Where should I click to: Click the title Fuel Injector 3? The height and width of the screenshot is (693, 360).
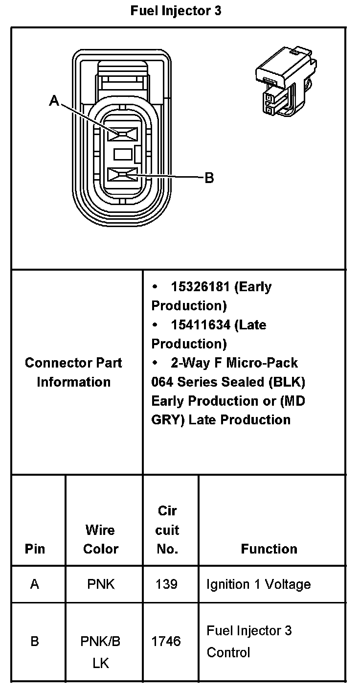point(176,11)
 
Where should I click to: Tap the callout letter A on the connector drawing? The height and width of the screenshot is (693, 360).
point(54,100)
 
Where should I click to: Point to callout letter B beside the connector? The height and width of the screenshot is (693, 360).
point(209,178)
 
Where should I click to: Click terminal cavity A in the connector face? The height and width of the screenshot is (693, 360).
point(122,134)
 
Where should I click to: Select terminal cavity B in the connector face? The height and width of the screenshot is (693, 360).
point(122,175)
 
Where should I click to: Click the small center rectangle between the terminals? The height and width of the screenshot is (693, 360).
point(123,154)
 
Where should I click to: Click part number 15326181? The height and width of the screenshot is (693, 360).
point(200,287)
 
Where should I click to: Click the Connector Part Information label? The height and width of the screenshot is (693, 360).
point(73,372)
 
